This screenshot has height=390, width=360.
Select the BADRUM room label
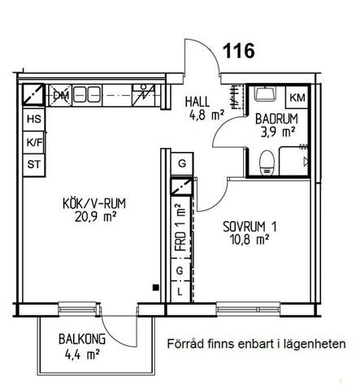(276, 119)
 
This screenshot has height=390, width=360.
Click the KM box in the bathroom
(297, 98)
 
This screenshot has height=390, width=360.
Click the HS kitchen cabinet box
(34, 119)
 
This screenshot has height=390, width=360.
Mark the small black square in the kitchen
(154, 286)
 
